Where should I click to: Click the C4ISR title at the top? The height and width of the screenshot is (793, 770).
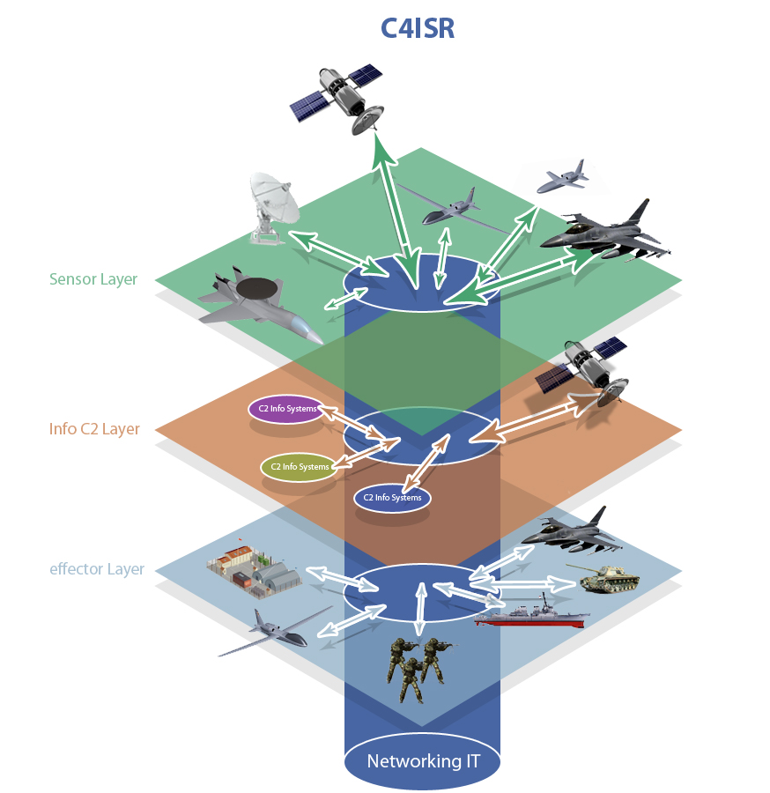pyautogui.click(x=417, y=28)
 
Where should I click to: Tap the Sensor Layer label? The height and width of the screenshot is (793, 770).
pyautogui.click(x=93, y=279)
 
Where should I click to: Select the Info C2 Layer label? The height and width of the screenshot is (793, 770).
pyautogui.click(x=95, y=429)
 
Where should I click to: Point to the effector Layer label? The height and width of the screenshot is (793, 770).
pyautogui.click(x=97, y=568)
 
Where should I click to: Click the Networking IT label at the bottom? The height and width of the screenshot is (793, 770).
pyautogui.click(x=423, y=760)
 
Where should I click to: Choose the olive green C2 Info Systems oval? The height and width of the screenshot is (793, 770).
pyautogui.click(x=300, y=466)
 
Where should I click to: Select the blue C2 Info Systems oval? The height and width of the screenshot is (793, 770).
pyautogui.click(x=392, y=498)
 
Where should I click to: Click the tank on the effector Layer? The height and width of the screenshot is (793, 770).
pyautogui.click(x=609, y=578)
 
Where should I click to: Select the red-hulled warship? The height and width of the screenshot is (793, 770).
pyautogui.click(x=532, y=614)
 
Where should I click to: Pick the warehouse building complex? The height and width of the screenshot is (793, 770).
pyautogui.click(x=254, y=566)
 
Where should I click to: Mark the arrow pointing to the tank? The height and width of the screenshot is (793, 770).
pyautogui.click(x=551, y=582)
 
